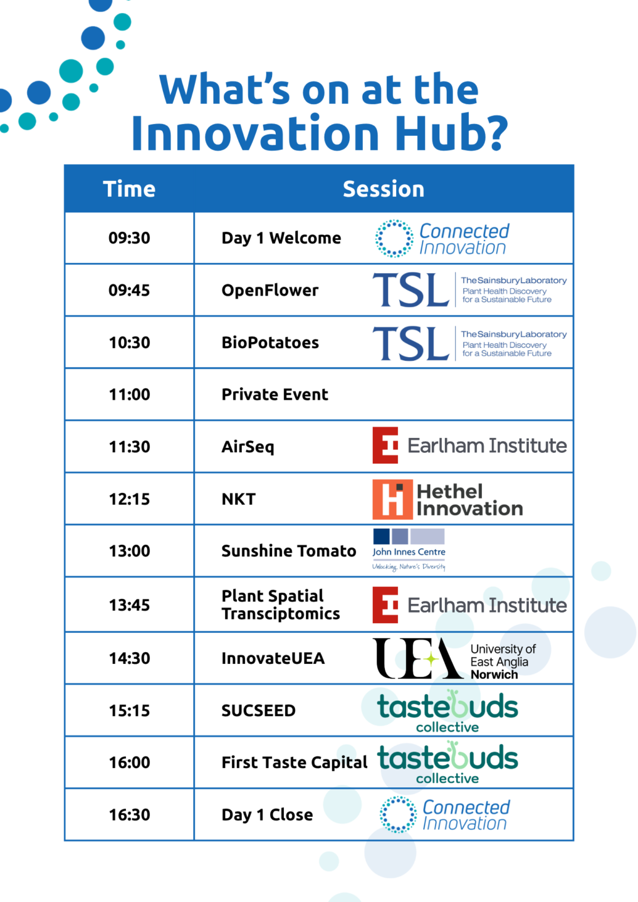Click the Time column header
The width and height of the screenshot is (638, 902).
coord(129,189)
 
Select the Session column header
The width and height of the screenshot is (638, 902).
coord(384,189)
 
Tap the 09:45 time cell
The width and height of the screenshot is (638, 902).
coord(129,290)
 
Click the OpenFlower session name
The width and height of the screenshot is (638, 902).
coord(270,290)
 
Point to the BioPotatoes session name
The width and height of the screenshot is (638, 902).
coord(270,342)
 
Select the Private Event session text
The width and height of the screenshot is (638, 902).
coord(275,394)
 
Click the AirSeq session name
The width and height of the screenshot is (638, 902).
coord(248,447)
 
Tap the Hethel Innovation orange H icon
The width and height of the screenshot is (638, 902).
coord(392,499)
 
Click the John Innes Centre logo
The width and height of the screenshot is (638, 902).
coord(409,550)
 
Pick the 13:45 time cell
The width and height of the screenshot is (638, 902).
coord(129,605)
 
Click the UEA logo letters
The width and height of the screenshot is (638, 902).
coord(417,658)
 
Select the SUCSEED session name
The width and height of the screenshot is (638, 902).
coord(258,710)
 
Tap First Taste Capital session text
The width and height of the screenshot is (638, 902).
coord(294,762)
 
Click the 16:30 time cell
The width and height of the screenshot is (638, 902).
coord(129,814)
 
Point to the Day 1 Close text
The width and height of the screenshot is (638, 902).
coord(267,814)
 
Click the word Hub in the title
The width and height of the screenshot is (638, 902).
coord(451,132)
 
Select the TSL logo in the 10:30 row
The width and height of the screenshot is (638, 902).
coord(411,343)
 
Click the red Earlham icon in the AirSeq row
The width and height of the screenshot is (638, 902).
coord(385,445)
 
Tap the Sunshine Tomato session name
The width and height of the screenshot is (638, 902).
coord(288,551)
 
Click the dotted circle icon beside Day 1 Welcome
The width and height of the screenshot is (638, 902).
coord(394,239)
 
